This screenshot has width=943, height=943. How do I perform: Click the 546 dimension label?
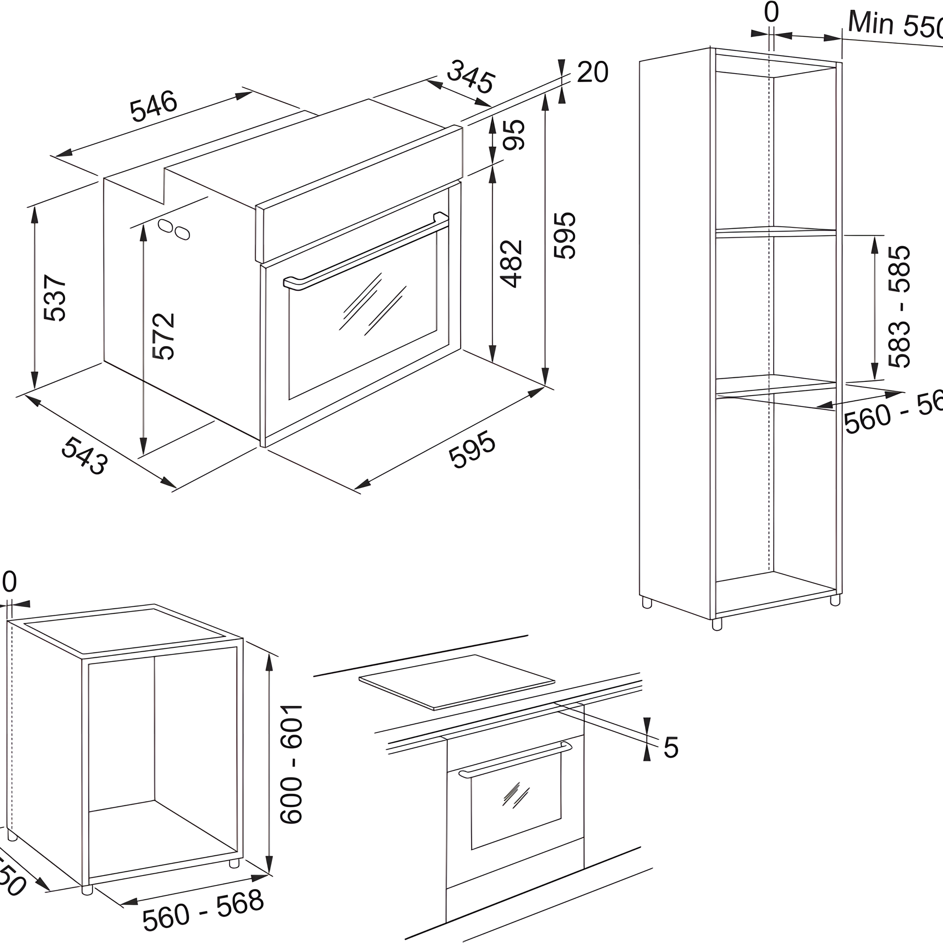coord(154,106)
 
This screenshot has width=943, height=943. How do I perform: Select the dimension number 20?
coord(592,72)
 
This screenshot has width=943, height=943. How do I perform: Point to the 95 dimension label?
coord(514,135)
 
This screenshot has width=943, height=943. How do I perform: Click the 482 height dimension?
coord(512,264)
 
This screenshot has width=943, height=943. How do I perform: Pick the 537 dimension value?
coord(55,298)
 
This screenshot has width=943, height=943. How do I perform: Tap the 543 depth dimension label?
coord(84,455)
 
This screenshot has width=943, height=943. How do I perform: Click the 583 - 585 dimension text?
coord(900,306)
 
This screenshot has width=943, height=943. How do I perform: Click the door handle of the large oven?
coord(366,252)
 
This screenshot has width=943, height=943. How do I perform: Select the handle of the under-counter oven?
coord(515,760)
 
